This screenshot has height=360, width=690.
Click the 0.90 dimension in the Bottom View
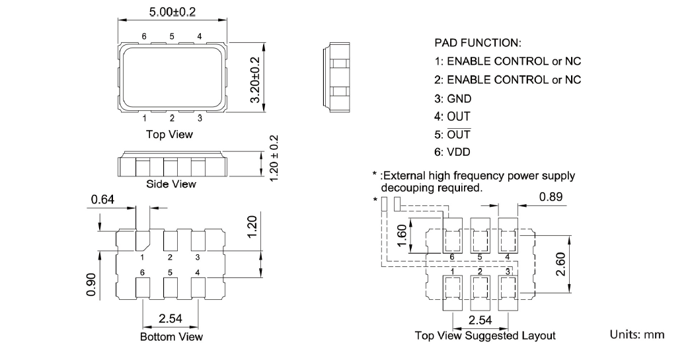91,285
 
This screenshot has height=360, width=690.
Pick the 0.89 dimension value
551,196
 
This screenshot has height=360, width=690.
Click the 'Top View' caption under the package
170,134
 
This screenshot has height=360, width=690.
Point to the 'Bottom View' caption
171,337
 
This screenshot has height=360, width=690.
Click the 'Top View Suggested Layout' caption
484,336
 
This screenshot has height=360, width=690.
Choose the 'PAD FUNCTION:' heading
478,43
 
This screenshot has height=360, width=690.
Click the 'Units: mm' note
636,335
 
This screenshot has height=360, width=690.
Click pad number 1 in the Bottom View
142,257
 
